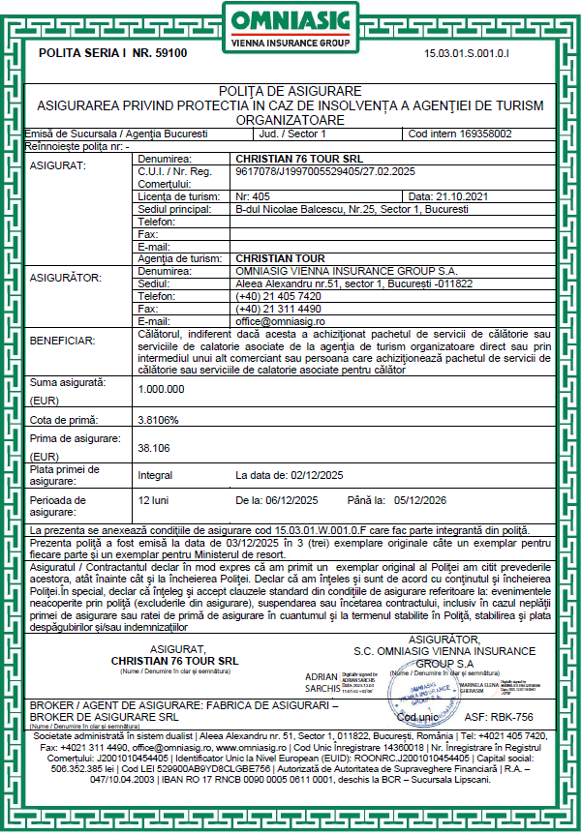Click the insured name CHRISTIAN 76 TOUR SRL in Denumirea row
point(294,158)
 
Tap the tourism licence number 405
point(254,195)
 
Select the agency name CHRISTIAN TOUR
point(281,258)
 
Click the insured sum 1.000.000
point(162,388)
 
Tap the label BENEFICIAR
point(62,341)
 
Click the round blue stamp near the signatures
point(418,693)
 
